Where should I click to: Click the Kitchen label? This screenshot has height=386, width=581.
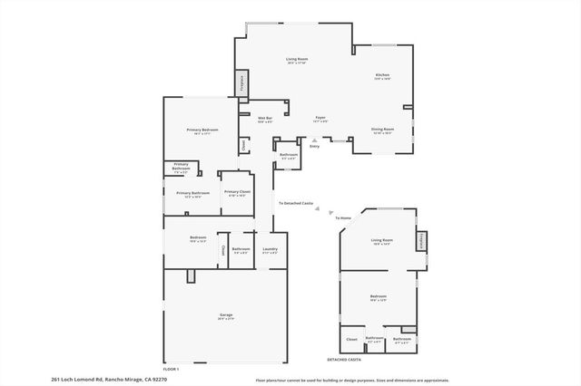click(382, 76)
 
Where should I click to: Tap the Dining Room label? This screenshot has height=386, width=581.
click(383, 130)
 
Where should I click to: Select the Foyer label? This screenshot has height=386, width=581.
click(320, 119)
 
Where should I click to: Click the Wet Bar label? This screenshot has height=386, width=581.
click(265, 119)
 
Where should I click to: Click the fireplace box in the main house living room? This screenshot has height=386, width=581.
click(242, 83)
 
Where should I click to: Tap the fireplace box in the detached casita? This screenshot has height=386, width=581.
click(421, 240)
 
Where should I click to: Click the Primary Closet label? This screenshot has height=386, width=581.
click(238, 192)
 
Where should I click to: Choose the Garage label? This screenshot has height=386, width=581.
click(225, 316)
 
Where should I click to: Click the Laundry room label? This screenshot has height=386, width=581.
click(271, 250)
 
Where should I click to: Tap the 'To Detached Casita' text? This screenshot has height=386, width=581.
click(296, 204)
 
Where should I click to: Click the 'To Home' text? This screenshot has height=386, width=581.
click(343, 218)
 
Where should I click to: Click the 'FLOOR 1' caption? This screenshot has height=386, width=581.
click(172, 369)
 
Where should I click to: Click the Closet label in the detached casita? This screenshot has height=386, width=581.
click(352, 340)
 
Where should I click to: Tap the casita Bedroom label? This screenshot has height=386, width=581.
click(379, 297)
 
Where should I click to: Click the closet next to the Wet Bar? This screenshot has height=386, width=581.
click(243, 144)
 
